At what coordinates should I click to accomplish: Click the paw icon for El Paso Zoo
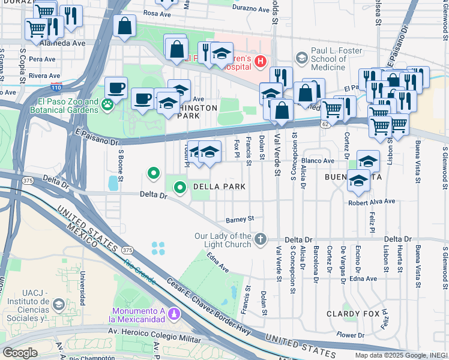pyautogui.click(x=107, y=106)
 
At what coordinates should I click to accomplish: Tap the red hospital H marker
pyautogui.click(x=260, y=61)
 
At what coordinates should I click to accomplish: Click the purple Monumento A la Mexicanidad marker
pyautogui.click(x=174, y=313)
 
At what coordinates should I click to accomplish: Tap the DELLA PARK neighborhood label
pyautogui.click(x=219, y=187)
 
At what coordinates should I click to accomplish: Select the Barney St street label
pyautogui.click(x=240, y=219)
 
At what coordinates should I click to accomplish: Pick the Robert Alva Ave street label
pyautogui.click(x=372, y=202)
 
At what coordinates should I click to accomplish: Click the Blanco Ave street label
pyautogui.click(x=318, y=161)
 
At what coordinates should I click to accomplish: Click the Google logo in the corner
pyautogui.click(x=20, y=352)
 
